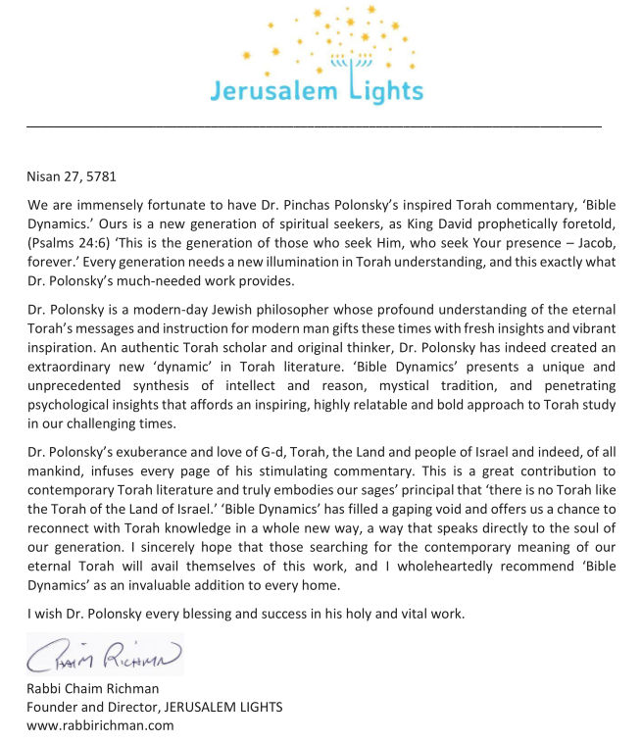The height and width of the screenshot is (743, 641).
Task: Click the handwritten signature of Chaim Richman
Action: (x=104, y=655)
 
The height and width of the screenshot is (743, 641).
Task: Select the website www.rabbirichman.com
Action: (x=100, y=725)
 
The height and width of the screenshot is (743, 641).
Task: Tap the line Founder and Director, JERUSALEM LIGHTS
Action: (x=155, y=708)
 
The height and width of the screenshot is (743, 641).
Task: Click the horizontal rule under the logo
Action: (x=314, y=126)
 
